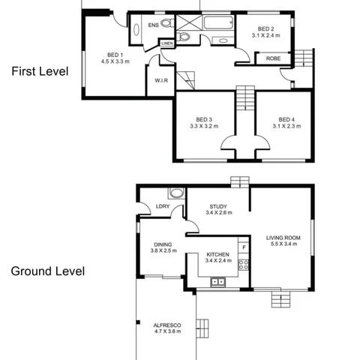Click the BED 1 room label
[114, 54]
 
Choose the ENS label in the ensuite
[153, 25]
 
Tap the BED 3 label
[204, 119]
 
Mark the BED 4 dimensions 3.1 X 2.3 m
[285, 127]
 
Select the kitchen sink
[217, 282]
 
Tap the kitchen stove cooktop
[243, 264]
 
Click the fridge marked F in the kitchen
[243, 247]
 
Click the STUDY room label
[218, 206]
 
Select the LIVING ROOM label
[283, 238]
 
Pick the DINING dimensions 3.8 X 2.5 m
[163, 251]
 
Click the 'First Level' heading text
[39, 73]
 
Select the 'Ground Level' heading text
[46, 270]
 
